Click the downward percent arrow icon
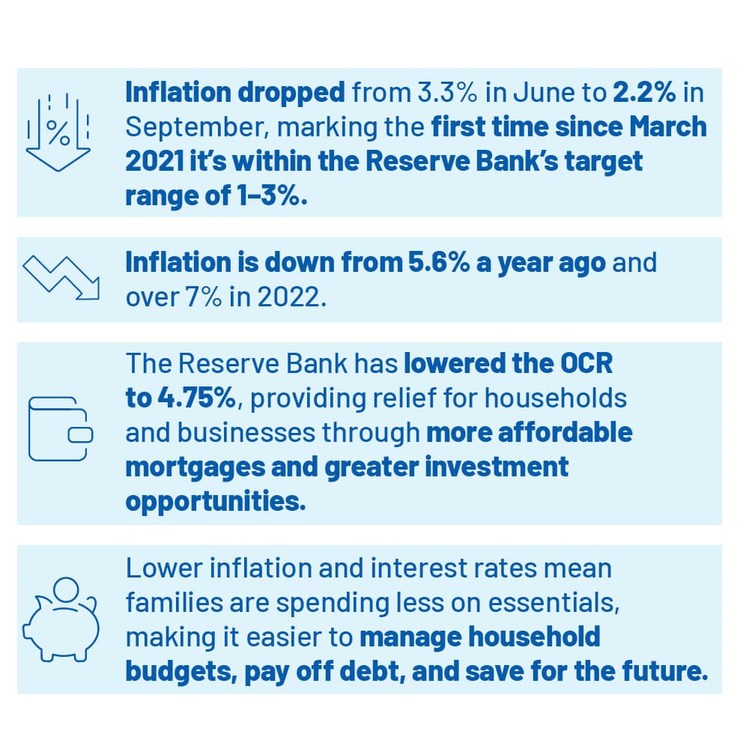[x=58, y=132]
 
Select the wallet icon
[x=61, y=429]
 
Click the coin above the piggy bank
[x=66, y=591]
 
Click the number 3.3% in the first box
[x=447, y=92]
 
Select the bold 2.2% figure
[x=644, y=92]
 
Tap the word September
[x=194, y=128]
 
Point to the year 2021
[x=154, y=162]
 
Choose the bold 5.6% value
[x=438, y=263]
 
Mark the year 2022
[x=291, y=297]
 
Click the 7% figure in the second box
[x=203, y=297]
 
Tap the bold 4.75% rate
[x=196, y=398]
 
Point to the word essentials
[x=554, y=603]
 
